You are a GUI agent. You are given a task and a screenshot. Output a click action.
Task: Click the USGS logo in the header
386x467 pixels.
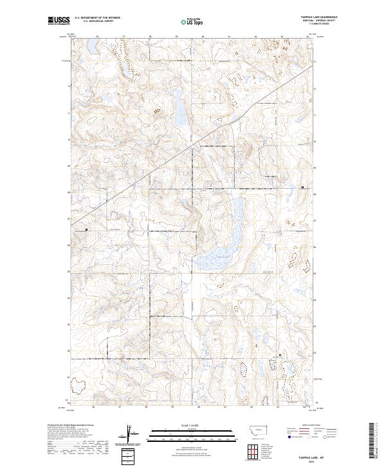coord(59,21)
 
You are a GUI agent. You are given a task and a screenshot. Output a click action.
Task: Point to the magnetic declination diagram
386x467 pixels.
coord(130,435)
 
